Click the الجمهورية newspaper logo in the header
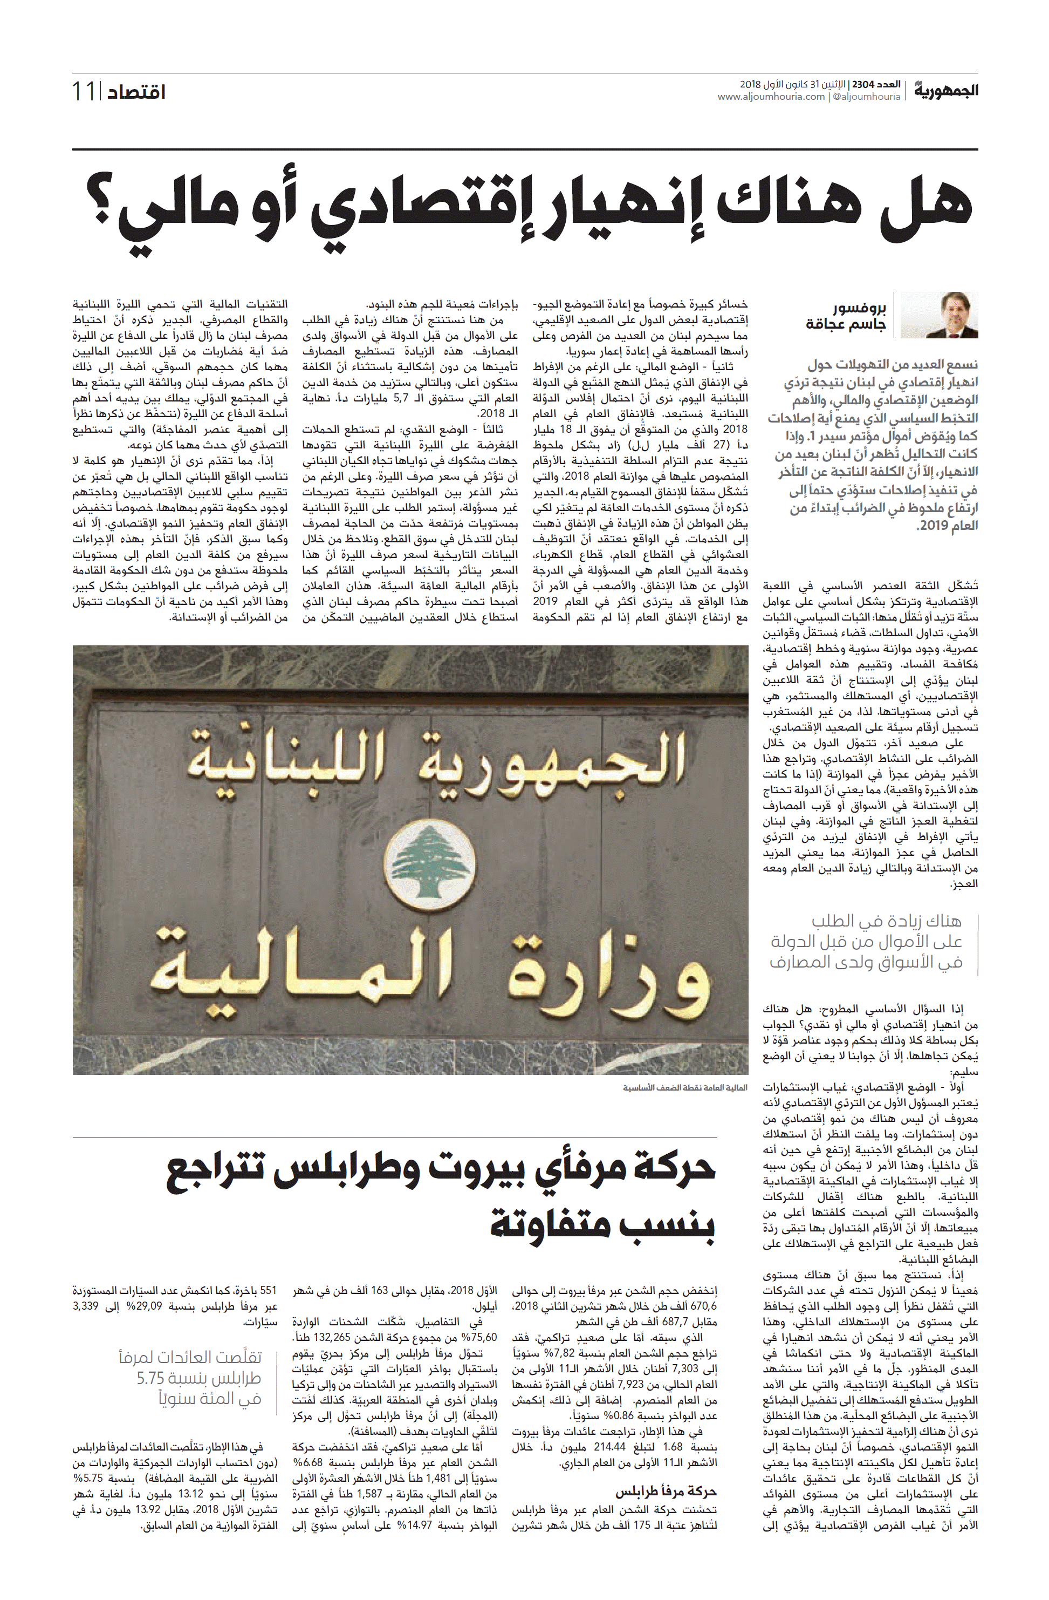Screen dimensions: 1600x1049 coord(945,90)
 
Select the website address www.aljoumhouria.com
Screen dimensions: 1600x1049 coord(771,97)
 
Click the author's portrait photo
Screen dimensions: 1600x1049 coord(940,315)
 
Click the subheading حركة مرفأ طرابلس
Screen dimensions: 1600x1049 coord(666,1491)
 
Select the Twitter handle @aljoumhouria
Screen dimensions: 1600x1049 coord(866,97)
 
